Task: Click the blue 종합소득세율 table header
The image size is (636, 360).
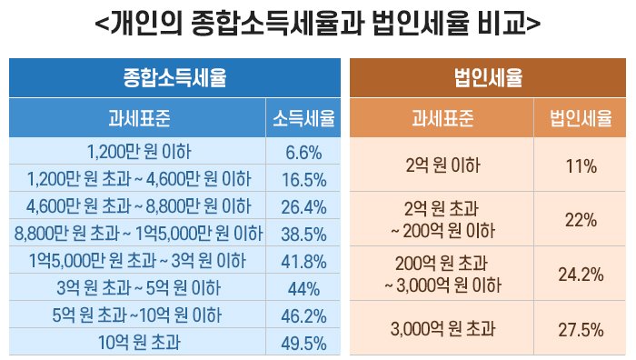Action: pos(174,77)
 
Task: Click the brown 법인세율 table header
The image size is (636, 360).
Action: pos(488,77)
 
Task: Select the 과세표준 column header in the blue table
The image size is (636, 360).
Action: pos(137,117)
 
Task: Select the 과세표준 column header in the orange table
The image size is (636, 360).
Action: pos(442,117)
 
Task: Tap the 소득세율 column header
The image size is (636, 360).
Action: pos(303,117)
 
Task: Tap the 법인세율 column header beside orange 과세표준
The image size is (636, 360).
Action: pos(580,117)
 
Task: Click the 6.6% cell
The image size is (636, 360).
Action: pos(303,152)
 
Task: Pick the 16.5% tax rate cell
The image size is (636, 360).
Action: pos(303,179)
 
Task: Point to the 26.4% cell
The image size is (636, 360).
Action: pos(303,206)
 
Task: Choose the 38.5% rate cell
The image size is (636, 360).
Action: pos(303,234)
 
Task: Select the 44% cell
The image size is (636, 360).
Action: pos(303,288)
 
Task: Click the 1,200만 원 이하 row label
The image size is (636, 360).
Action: pos(139,152)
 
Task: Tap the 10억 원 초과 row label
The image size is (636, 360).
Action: pos(139,342)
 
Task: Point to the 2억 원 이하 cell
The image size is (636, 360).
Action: pos(442,165)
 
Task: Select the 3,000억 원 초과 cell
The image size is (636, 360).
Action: pos(442,329)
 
